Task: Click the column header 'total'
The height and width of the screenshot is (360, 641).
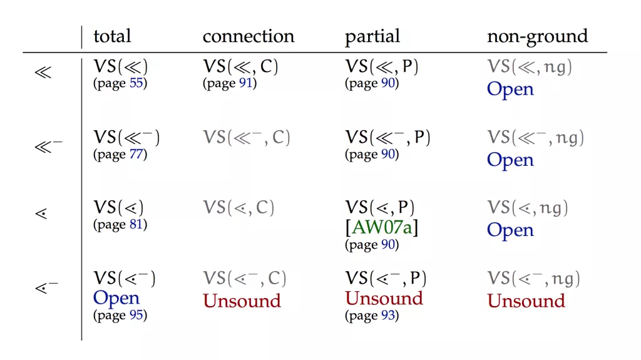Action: [112, 36]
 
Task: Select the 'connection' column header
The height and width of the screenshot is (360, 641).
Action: [248, 36]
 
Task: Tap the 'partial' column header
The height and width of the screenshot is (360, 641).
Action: [372, 37]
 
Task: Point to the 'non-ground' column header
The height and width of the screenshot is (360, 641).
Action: [537, 37]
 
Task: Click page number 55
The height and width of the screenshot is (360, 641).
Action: [136, 83]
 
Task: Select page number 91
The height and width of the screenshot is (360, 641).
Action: [245, 83]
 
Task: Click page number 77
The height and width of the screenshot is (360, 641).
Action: [136, 154]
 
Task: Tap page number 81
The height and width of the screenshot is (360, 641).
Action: [136, 225]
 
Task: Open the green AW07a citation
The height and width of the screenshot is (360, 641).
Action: [382, 227]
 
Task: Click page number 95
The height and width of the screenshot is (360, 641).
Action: [136, 315]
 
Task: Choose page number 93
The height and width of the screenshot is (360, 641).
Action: [387, 316]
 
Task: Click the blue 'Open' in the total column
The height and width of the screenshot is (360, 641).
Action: [116, 298]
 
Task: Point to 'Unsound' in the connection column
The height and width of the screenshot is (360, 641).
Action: [242, 301]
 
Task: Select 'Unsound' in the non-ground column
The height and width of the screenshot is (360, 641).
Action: [526, 301]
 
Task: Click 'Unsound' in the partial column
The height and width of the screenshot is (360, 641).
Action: [384, 298]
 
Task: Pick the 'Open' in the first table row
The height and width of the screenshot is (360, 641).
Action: [510, 89]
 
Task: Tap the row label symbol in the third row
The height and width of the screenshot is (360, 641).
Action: [41, 213]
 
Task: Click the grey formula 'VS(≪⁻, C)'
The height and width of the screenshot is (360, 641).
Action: [247, 138]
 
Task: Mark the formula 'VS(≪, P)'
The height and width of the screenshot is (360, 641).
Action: [382, 67]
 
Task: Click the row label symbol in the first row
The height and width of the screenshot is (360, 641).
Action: [43, 73]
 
